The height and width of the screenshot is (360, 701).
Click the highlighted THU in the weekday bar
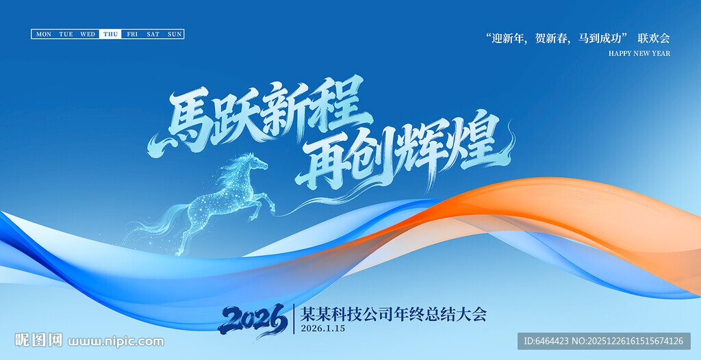click(110, 34)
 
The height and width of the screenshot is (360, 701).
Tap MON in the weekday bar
click(44, 34)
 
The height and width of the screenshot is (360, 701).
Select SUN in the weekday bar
click(175, 34)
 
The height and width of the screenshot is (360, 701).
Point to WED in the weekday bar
click(88, 34)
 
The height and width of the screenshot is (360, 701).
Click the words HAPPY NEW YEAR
click(639, 53)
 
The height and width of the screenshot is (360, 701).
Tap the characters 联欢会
click(654, 38)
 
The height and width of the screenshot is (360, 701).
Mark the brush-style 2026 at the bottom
click(253, 319)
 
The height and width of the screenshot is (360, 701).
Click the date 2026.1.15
click(323, 329)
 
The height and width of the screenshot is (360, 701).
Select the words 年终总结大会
click(440, 314)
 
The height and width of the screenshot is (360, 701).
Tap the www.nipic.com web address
click(116, 342)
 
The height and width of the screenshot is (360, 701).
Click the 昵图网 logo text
click(38, 340)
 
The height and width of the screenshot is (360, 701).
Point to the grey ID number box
click(604, 342)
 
